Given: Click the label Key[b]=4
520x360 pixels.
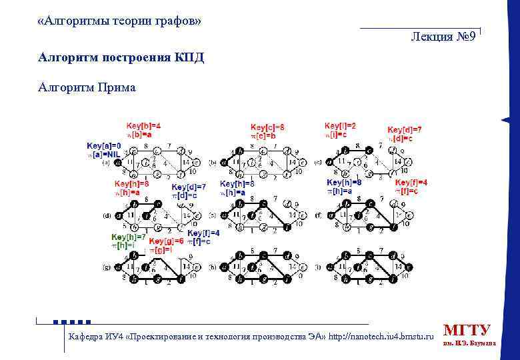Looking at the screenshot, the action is tap(143, 125).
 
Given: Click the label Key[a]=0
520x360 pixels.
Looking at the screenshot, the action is tap(103, 145).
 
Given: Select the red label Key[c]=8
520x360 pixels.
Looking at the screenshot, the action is tap(267, 127).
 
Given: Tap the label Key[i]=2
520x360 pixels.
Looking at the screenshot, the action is tap(340, 125).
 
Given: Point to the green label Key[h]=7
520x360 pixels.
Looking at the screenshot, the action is tap(128, 237).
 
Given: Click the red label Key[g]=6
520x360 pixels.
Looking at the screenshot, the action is tap(166, 241).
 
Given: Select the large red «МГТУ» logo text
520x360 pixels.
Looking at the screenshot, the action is tap(467, 330).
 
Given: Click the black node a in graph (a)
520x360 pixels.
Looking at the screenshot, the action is tap(117, 161).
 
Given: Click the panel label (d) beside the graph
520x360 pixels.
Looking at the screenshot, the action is tap(107, 216).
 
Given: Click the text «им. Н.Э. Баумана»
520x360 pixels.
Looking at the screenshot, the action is tap(469, 344).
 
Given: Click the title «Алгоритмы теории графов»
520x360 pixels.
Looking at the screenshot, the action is tap(120, 21).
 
